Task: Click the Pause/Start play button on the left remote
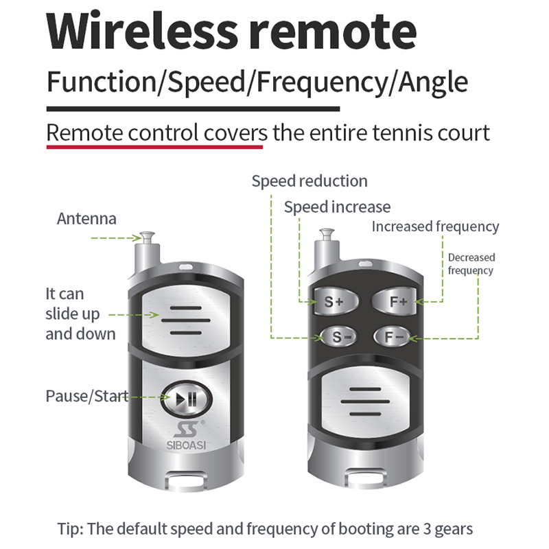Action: point(183,398)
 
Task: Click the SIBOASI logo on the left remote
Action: point(184,437)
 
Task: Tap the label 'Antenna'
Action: point(86,219)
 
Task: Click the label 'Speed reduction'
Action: point(309,181)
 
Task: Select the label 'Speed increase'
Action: point(337,207)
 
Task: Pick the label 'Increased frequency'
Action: point(435,226)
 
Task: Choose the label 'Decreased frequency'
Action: point(471,264)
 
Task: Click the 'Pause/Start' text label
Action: point(86,396)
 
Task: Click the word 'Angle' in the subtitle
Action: point(435,82)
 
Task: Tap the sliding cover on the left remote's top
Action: point(184,315)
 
